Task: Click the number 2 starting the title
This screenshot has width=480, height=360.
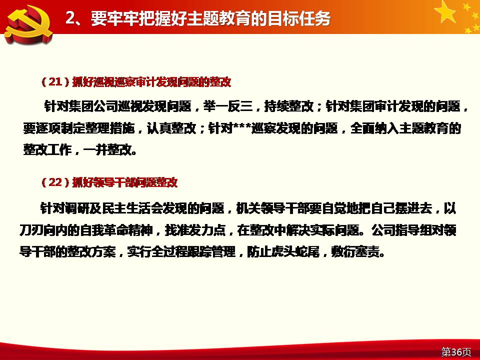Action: [x=70, y=18]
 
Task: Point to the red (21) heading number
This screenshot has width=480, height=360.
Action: [x=55, y=81]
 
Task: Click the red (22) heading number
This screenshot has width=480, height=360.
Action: [x=55, y=182]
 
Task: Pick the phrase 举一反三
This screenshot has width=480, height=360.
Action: [x=228, y=106]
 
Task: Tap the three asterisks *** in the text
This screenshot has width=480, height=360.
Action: [x=242, y=126]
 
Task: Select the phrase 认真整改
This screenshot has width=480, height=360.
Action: [x=171, y=128]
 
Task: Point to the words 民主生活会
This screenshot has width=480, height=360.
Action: [x=131, y=208]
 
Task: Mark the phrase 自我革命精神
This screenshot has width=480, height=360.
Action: [x=115, y=230]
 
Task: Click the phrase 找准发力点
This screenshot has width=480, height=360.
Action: [x=195, y=230]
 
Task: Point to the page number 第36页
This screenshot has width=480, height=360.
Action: [x=456, y=352]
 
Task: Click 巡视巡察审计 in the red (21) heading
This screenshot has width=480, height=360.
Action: [x=124, y=82]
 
